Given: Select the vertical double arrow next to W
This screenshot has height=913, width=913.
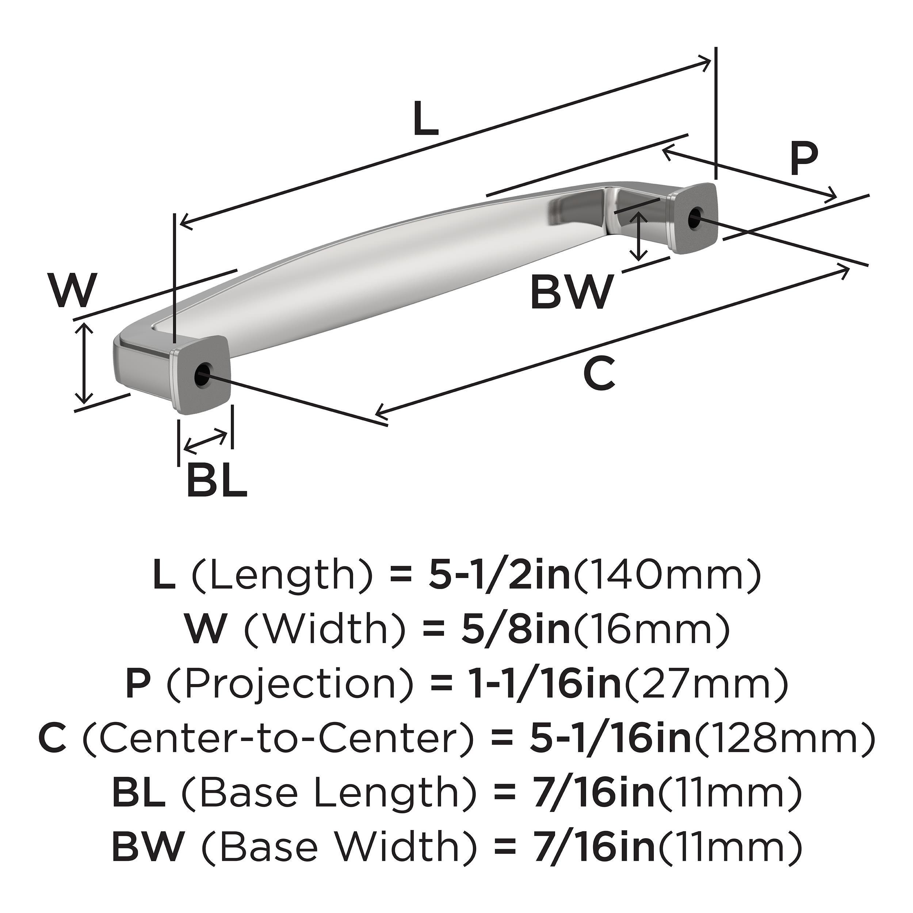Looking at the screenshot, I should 84,363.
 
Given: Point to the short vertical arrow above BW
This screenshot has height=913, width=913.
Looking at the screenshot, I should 639,236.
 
